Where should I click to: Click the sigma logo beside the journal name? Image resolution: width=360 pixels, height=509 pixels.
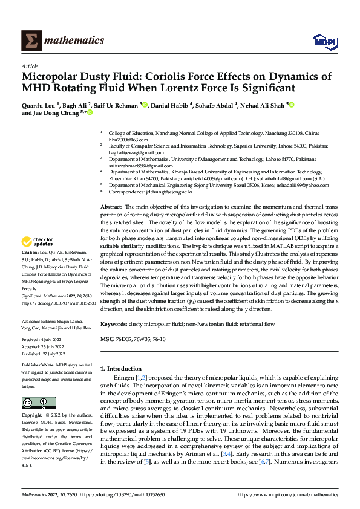point(30,41)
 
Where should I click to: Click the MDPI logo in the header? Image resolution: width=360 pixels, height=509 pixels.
point(324,41)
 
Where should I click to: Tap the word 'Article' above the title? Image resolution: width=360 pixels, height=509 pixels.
point(30,66)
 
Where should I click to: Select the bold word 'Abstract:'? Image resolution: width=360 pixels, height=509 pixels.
point(112,207)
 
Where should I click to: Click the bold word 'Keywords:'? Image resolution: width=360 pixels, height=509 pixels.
point(114,324)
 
